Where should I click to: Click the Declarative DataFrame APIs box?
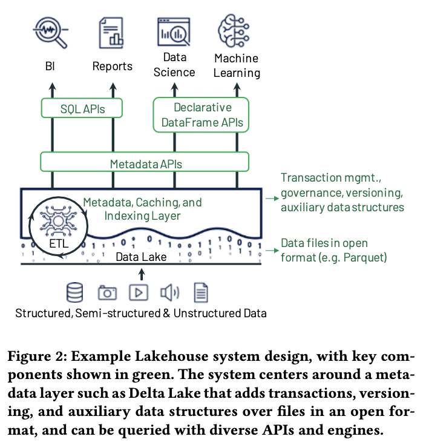(202, 114)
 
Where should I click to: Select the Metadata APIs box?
(145, 163)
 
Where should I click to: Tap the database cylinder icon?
(75, 292)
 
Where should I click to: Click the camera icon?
(107, 292)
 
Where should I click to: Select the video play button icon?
(139, 292)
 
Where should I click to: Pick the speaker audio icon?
(169, 292)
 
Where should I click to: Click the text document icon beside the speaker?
(200, 292)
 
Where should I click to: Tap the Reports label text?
(113, 66)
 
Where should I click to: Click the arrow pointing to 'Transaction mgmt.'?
(270, 197)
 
